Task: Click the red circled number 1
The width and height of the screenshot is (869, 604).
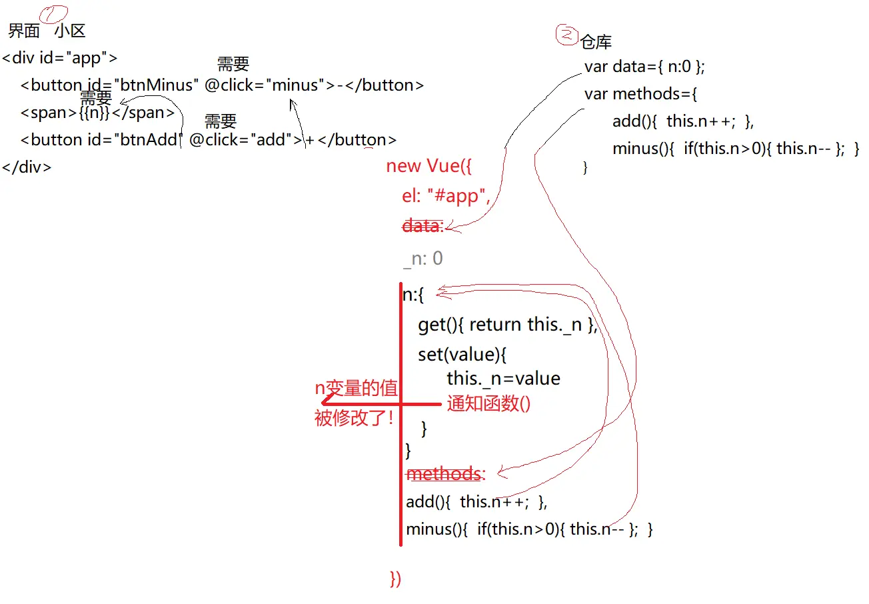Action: pos(55,13)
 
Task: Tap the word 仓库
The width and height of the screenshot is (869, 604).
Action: pos(596,43)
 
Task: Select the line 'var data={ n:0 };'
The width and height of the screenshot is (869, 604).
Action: pos(644,67)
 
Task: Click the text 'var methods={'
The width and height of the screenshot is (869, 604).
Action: pos(640,94)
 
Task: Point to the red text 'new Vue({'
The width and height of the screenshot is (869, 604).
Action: pos(429,166)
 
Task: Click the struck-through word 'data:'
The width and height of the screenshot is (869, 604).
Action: pos(423,226)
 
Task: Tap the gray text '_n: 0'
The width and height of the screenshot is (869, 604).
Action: pos(423,259)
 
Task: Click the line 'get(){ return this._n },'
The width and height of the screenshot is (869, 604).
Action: pos(507,325)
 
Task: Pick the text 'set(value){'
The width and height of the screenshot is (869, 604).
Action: pos(462,354)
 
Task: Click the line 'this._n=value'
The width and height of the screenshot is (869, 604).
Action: pos(503,379)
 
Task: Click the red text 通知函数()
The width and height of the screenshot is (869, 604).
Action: pos(488,404)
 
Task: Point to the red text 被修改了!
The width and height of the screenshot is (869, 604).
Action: pos(353,419)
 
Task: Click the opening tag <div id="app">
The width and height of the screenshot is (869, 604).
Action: pos(60,58)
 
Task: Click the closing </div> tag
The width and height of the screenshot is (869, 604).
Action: pos(27,167)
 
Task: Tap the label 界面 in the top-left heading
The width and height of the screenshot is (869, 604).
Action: pos(24,31)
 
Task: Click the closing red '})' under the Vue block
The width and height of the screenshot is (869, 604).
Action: pos(396,579)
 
